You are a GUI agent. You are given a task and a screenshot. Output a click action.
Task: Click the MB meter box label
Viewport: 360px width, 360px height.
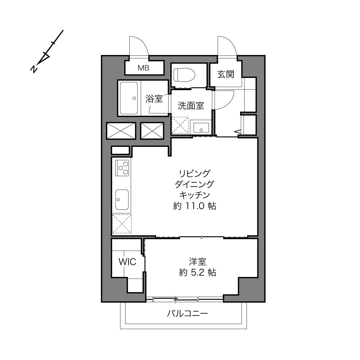[x=143, y=68]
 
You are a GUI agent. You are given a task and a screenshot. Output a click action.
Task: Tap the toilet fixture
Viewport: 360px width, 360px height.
[x=184, y=75]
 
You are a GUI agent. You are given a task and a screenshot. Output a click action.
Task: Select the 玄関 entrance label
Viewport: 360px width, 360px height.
[x=226, y=74]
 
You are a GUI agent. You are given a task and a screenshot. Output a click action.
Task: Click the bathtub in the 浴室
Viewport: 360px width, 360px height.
[x=129, y=98]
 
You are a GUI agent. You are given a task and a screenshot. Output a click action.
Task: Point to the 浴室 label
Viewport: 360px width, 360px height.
[x=154, y=98]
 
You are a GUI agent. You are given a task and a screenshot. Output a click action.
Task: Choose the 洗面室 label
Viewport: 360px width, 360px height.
[x=191, y=106]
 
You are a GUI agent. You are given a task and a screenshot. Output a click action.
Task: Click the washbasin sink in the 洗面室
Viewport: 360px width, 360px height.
[x=201, y=128]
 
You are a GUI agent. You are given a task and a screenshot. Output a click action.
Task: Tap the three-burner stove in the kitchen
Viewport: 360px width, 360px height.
[x=122, y=168]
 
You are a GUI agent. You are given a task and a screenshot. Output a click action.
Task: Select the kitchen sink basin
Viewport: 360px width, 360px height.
[x=122, y=200]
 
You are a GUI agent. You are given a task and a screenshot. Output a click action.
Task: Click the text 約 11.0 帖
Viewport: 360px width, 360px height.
[x=194, y=206]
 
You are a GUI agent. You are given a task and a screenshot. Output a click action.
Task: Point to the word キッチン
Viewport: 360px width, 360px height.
[x=194, y=195]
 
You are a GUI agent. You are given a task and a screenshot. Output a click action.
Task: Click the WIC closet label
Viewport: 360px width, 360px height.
[x=127, y=262]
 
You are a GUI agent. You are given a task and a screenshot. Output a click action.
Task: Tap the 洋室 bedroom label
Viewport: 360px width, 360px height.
[x=198, y=262]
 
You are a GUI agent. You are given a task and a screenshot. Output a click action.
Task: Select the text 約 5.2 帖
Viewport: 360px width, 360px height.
[x=198, y=273]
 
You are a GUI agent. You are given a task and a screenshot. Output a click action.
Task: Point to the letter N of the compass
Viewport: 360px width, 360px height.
[x=34, y=69]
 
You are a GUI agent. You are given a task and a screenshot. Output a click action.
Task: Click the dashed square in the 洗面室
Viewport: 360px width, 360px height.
[x=180, y=125]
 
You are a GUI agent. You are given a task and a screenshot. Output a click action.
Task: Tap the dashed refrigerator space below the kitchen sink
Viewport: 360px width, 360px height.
[x=122, y=224]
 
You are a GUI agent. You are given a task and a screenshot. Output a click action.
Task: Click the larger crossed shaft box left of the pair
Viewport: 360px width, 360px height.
[x=121, y=131]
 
